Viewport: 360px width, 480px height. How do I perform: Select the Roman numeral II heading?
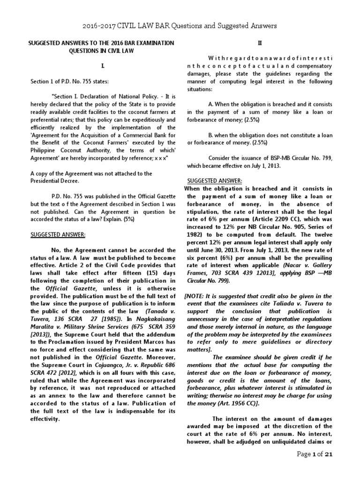[x=261, y=43]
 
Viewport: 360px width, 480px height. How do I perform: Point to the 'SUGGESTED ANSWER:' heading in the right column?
[x=214, y=180]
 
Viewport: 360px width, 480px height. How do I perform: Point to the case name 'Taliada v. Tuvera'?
[x=296, y=304]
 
